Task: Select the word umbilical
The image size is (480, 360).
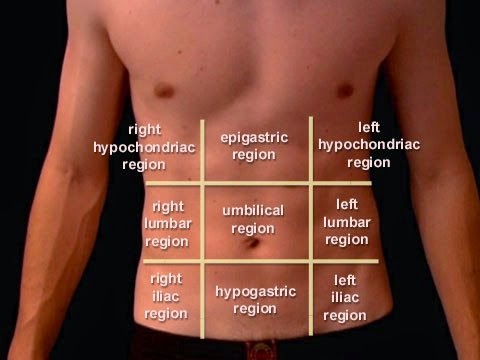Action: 253,211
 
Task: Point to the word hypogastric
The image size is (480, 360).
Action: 256,291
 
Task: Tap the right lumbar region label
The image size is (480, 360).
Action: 168,223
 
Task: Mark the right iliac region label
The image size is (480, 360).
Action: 166,296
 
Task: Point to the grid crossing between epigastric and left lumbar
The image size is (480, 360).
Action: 309,184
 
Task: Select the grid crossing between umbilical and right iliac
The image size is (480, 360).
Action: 202,261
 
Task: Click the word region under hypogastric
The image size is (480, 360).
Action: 255,309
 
